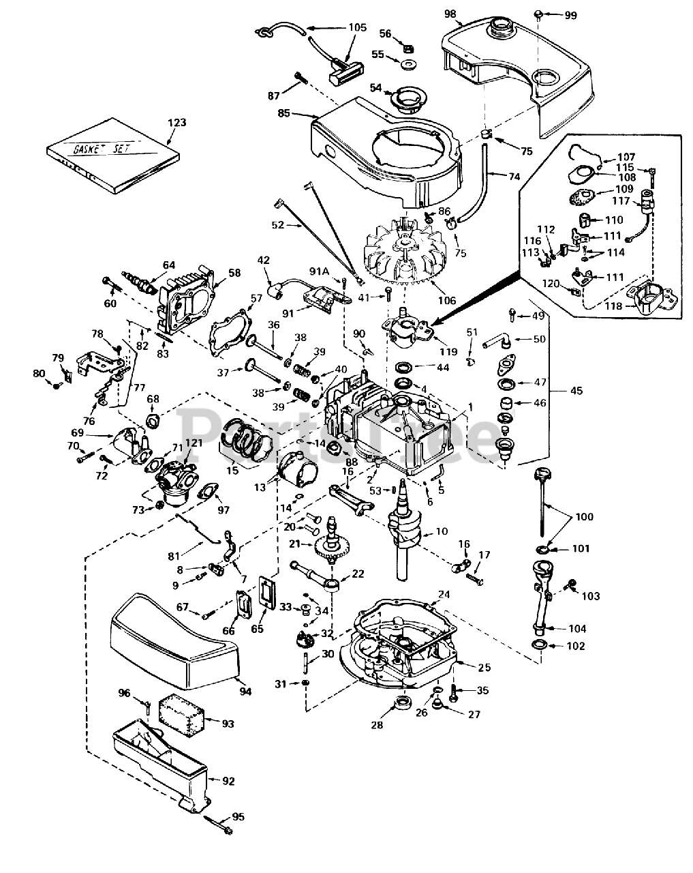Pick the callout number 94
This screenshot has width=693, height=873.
[x=245, y=692]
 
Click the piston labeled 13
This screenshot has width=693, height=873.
[x=297, y=471]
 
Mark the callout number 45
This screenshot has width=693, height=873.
[x=576, y=391]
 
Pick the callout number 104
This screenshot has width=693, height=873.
[x=576, y=629]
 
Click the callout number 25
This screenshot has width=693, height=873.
[x=484, y=667]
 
